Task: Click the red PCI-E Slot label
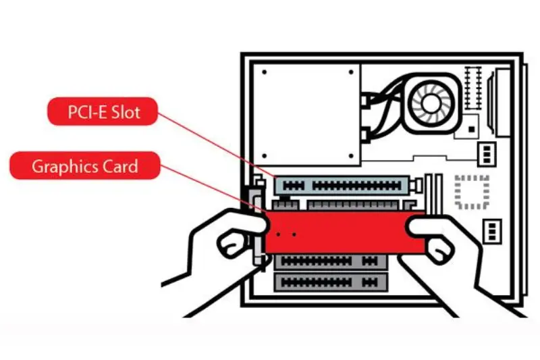tap(102, 111)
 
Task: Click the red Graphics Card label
tap(84, 165)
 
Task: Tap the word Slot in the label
tap(126, 111)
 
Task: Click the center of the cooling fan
tap(433, 102)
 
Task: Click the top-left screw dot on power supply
tap(265, 72)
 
